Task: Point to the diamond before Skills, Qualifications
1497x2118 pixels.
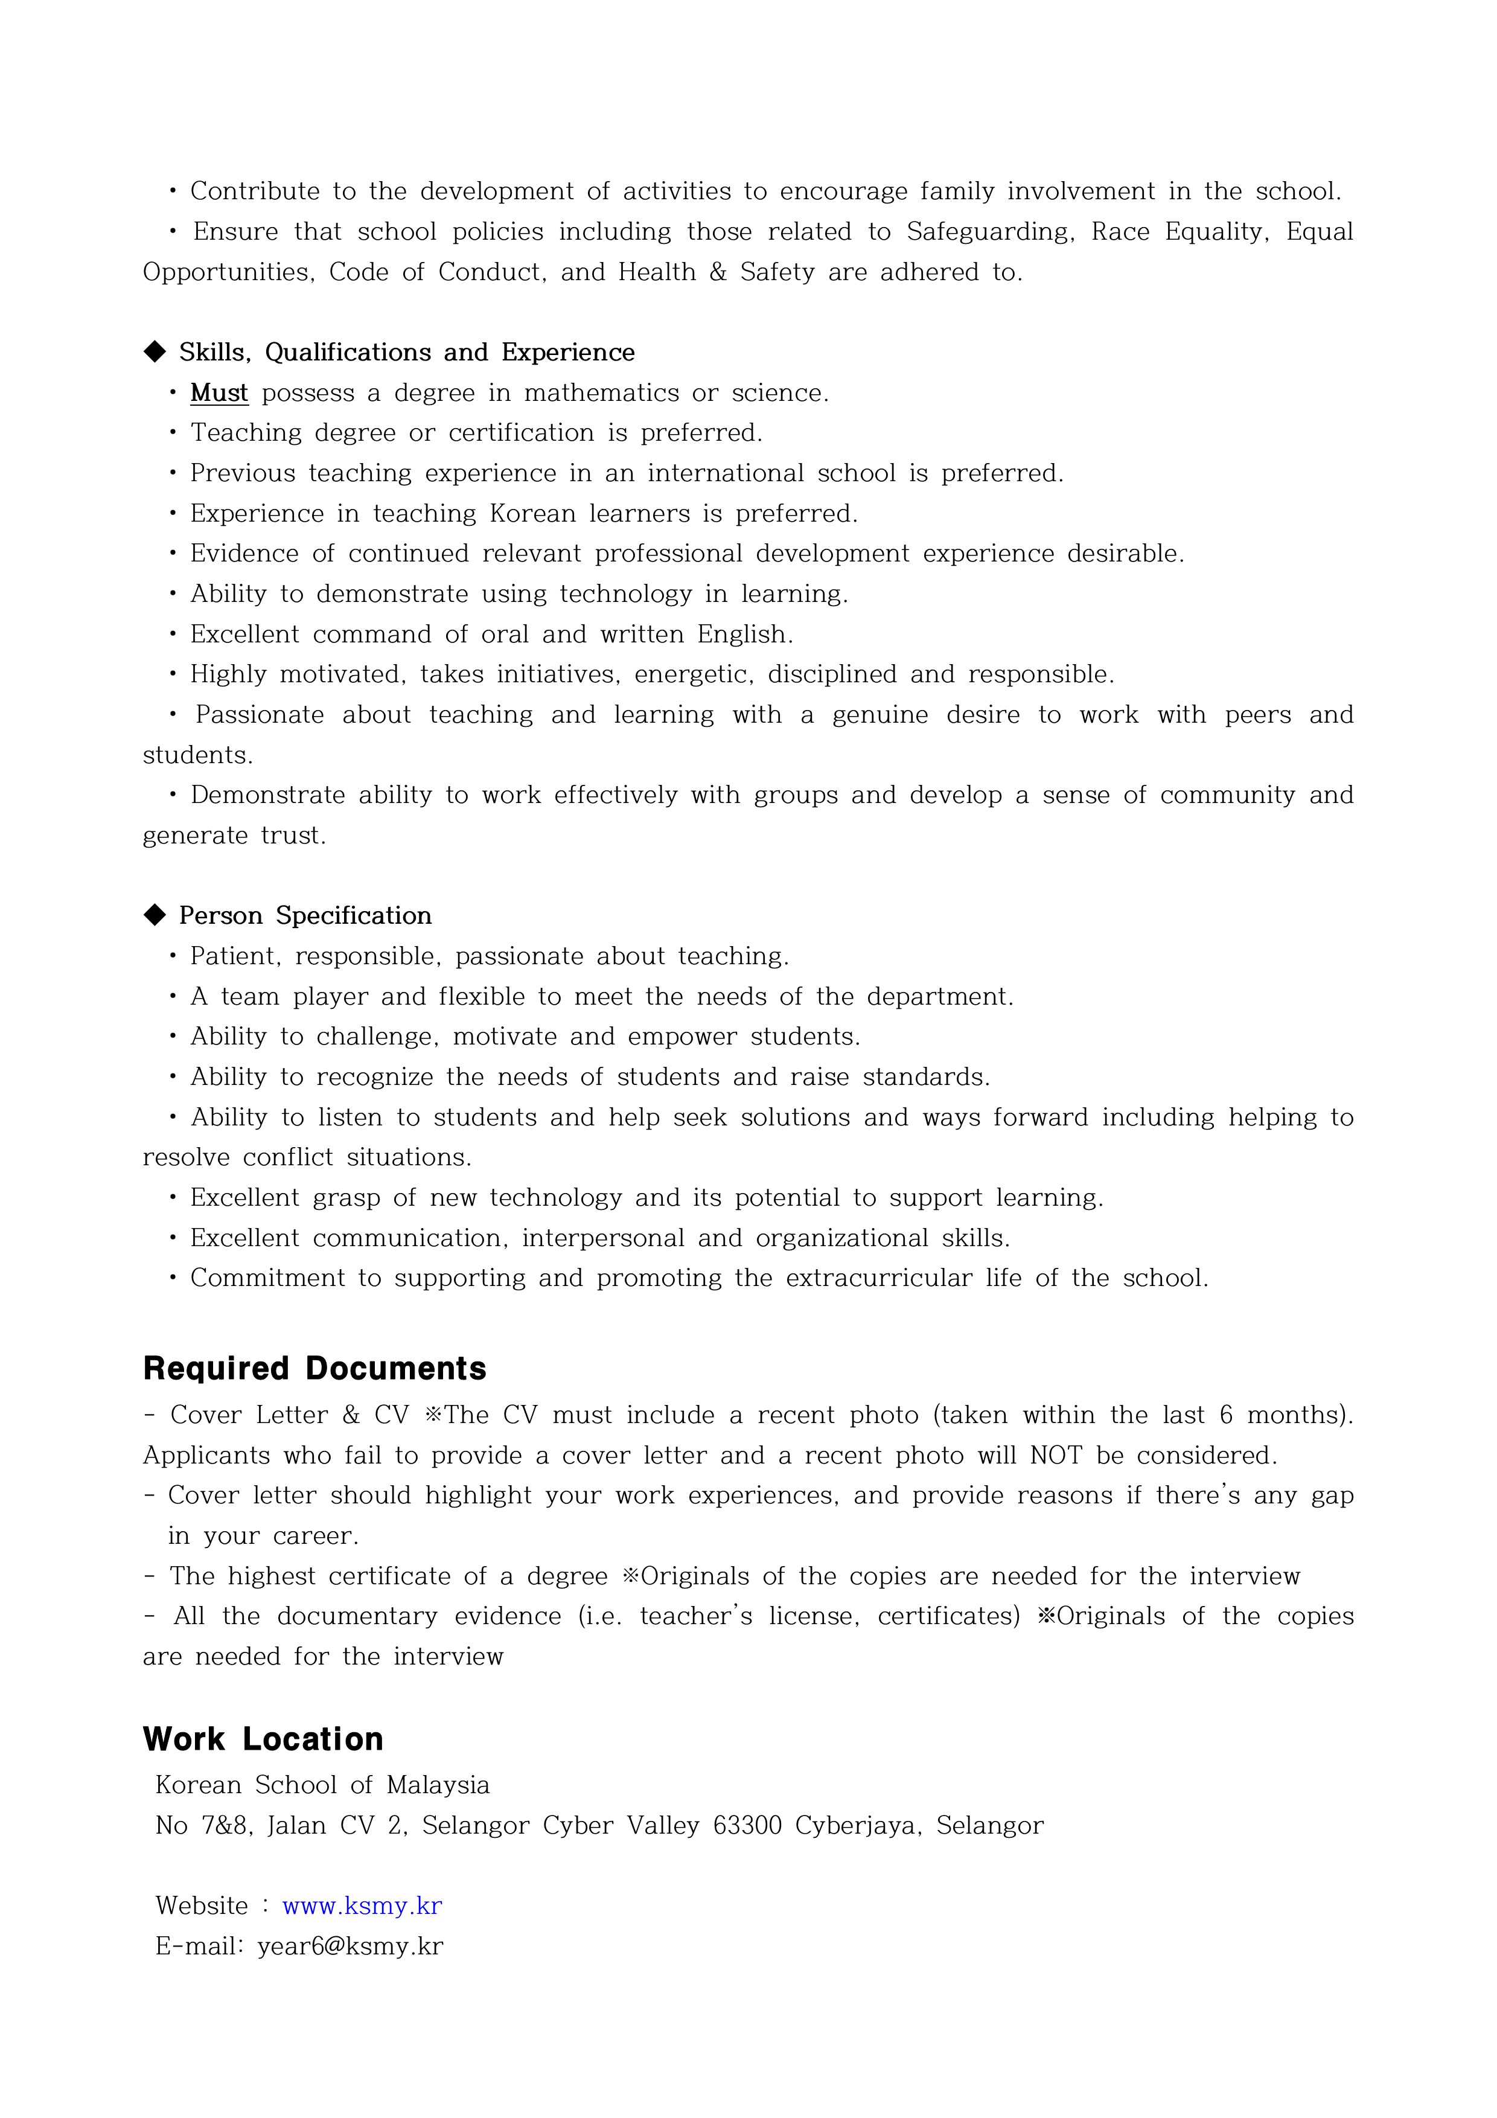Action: click(155, 351)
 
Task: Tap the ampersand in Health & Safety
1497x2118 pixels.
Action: click(718, 272)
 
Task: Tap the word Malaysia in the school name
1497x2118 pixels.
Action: click(438, 1784)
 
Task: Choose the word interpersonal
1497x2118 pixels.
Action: click(602, 1237)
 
